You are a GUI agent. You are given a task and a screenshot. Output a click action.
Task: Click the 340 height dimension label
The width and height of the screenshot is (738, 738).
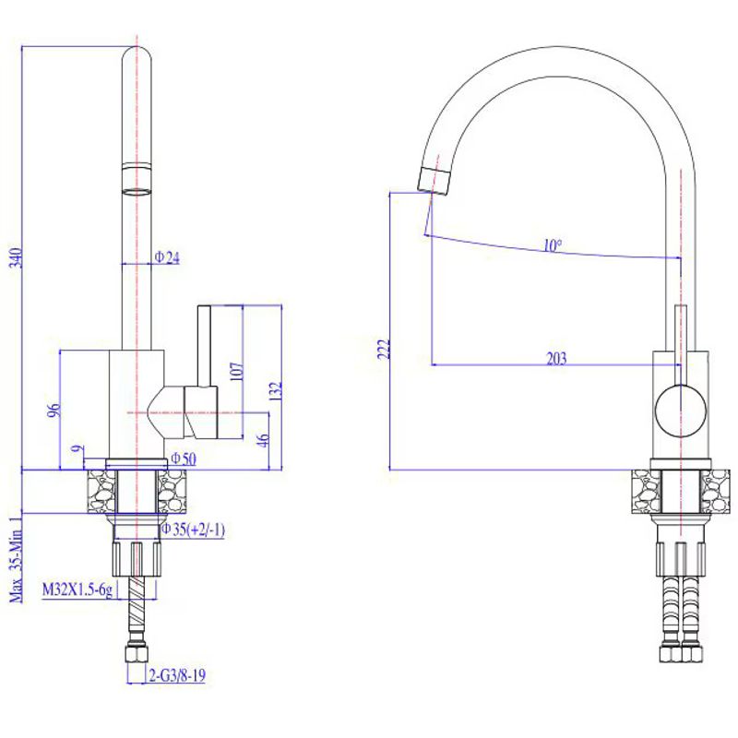click(x=17, y=257)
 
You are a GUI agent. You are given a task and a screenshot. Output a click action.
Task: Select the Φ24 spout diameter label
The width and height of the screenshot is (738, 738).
click(x=167, y=257)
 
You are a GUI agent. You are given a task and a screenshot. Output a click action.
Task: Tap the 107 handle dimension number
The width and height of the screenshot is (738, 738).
click(x=238, y=372)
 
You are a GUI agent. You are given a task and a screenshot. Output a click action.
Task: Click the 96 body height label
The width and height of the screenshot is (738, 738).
click(x=55, y=410)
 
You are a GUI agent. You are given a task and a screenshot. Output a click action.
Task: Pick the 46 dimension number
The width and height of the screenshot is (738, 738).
click(x=264, y=440)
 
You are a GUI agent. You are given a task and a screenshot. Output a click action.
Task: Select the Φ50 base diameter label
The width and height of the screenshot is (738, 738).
click(x=183, y=458)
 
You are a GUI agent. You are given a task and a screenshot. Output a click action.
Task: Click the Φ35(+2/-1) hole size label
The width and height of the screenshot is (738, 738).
click(x=194, y=529)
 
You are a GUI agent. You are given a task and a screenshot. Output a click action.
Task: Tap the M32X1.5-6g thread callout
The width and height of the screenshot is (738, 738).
click(x=77, y=589)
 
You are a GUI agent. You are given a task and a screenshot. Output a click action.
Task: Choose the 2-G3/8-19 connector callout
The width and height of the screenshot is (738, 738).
click(x=177, y=675)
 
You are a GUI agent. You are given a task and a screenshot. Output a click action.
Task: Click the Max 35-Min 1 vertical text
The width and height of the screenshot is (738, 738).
click(x=17, y=559)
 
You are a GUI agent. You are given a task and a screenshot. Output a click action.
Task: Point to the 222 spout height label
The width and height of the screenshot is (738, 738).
click(x=384, y=349)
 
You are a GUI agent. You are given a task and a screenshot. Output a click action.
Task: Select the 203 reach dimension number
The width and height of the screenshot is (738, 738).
click(x=556, y=359)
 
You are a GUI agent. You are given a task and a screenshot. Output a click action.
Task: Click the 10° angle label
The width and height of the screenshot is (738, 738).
click(x=553, y=245)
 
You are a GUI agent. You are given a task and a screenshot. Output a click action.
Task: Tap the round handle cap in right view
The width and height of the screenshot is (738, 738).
click(x=681, y=411)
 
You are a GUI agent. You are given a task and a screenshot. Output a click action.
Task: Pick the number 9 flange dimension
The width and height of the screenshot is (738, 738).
click(x=77, y=449)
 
